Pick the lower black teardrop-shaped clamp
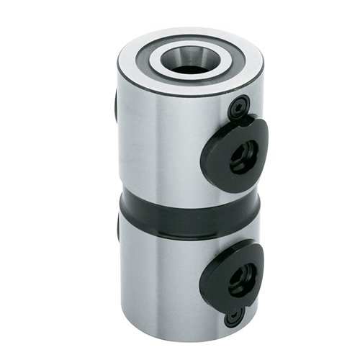pyautogui.click(x=229, y=273)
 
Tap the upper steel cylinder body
pyautogui.click(x=166, y=144)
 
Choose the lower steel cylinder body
pyautogui.click(x=166, y=281)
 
